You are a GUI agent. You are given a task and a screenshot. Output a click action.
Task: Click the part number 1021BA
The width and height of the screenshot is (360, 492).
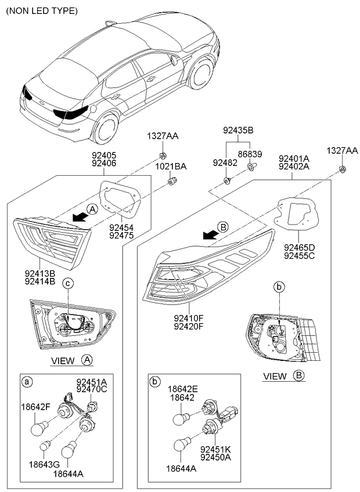171,167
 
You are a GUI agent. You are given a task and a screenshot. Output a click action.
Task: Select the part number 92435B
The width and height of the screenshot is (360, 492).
238,130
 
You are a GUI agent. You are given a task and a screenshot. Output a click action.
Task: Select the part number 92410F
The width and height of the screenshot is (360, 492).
189,317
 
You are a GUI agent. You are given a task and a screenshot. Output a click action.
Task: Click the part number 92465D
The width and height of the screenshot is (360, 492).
299,247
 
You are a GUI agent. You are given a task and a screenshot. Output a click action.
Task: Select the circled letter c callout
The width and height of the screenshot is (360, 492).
67,283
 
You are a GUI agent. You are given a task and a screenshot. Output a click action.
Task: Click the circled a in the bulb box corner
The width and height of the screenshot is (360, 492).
26,381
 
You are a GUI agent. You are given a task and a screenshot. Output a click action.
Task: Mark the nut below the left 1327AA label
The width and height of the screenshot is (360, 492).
163,155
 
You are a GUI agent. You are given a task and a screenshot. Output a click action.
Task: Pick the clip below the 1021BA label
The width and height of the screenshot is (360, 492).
171,182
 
